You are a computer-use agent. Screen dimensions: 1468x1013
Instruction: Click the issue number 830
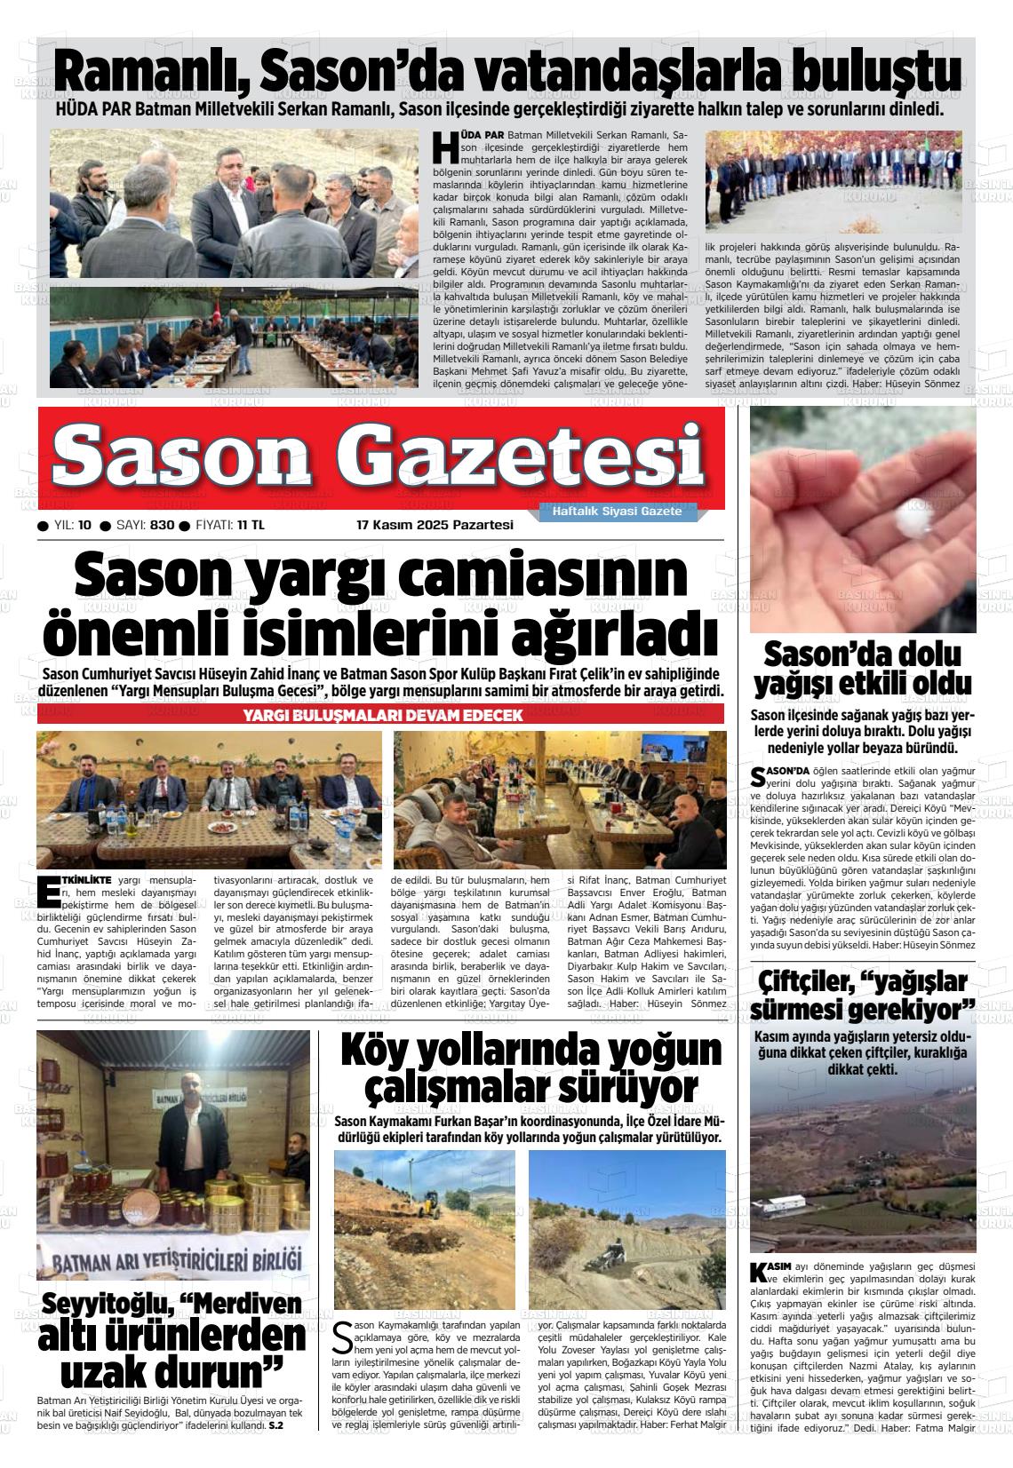[162, 525]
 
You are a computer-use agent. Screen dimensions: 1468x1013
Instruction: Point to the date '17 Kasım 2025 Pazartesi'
[435, 525]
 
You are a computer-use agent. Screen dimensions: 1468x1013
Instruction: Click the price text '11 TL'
[251, 525]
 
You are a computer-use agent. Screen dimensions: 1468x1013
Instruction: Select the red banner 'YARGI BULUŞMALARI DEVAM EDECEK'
[382, 716]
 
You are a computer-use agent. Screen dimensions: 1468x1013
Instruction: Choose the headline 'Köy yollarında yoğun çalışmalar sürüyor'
[531, 1068]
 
